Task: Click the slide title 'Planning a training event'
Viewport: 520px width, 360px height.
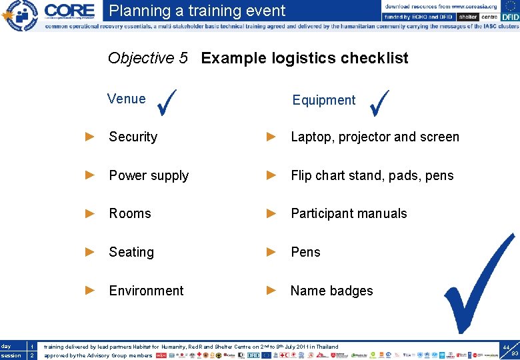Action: pyautogui.click(x=197, y=11)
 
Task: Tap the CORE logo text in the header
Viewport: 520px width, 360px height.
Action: pyautogui.click(x=69, y=11)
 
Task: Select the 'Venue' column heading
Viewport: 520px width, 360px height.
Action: pyautogui.click(x=126, y=99)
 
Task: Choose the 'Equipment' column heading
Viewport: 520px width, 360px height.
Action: pyautogui.click(x=323, y=100)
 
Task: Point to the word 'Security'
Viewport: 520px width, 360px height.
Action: pyautogui.click(x=133, y=137)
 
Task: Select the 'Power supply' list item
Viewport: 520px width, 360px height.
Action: pyautogui.click(x=149, y=175)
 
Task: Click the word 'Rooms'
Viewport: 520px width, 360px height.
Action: pyautogui.click(x=130, y=213)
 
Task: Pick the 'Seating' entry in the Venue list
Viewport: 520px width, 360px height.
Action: pyautogui.click(x=131, y=252)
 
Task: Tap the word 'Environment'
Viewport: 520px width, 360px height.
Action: pyautogui.click(x=146, y=291)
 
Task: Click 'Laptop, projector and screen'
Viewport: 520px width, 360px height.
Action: pyautogui.click(x=375, y=137)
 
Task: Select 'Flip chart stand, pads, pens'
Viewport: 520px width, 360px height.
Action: pyautogui.click(x=372, y=175)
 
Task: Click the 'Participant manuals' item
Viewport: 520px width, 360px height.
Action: pyautogui.click(x=349, y=213)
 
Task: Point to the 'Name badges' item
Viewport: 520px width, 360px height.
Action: pyautogui.click(x=331, y=291)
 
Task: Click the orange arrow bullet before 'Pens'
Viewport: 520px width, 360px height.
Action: pyautogui.click(x=271, y=252)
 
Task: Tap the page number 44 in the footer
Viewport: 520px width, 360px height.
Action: pyautogui.click(x=506, y=347)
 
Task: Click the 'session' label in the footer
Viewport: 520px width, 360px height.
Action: pyautogui.click(x=11, y=355)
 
